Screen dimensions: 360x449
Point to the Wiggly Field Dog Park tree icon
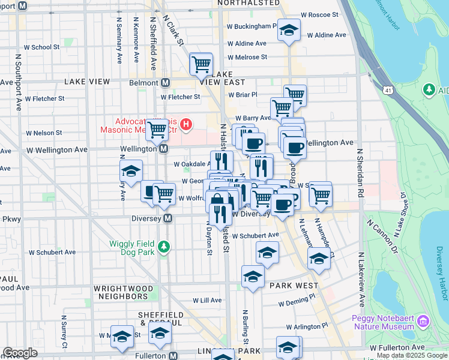(x=162, y=247)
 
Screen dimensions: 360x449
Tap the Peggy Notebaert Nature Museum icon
(x=423, y=322)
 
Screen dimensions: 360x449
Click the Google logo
(x=20, y=353)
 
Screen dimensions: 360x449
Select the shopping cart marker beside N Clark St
(x=201, y=64)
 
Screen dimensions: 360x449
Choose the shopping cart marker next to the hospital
(x=157, y=128)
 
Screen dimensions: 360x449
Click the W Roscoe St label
(x=319, y=14)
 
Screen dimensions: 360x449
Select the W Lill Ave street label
(x=208, y=300)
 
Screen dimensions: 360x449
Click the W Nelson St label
(x=44, y=133)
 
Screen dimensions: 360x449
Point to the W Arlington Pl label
(x=307, y=327)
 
